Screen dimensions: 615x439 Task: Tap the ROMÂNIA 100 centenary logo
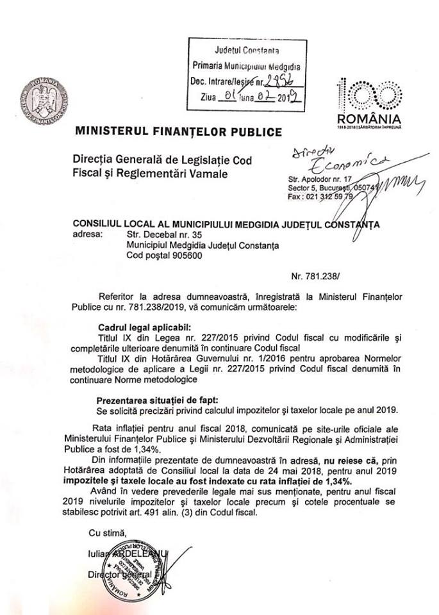point(370,102)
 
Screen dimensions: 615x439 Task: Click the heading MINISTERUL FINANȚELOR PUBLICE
point(179,133)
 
